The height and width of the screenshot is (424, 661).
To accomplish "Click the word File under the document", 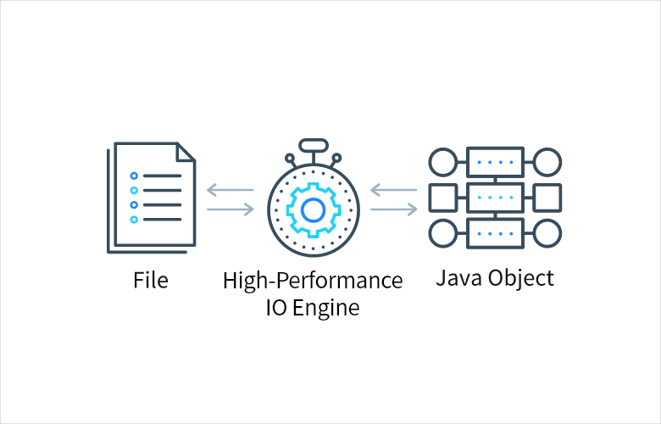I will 150,280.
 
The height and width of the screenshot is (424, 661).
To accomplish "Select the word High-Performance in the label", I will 313,281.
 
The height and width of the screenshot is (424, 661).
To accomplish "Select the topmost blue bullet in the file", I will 133,176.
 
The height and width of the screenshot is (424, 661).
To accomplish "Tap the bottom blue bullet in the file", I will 133,220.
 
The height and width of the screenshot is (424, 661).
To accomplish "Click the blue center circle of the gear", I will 313,209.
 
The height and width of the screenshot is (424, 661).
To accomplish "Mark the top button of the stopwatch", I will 313,145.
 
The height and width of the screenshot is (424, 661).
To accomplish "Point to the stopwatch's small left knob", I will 289,157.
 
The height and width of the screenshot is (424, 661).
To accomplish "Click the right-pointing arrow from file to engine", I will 230,209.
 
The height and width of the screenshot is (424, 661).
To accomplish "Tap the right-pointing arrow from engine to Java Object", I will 393,209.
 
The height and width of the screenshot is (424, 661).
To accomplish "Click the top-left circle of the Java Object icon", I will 442,161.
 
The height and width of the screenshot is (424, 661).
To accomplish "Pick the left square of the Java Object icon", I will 442,197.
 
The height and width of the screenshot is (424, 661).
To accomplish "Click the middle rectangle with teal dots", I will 495,197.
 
